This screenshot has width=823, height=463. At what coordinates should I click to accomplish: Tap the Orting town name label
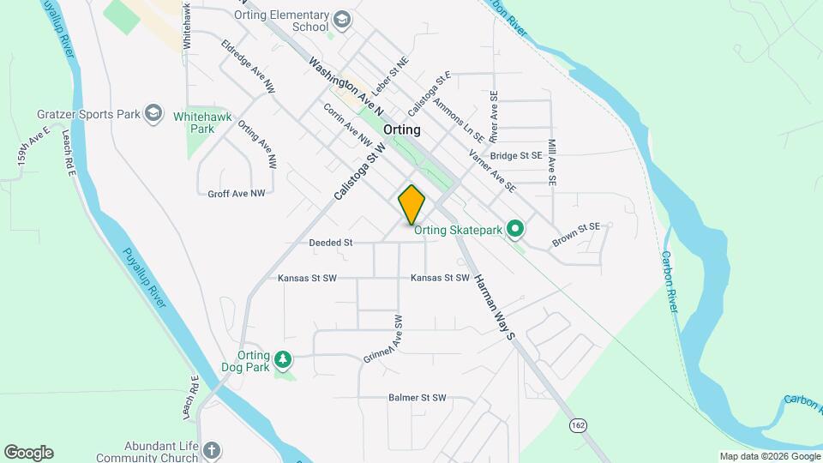point(402,129)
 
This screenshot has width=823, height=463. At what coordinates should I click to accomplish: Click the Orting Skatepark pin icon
point(514,229)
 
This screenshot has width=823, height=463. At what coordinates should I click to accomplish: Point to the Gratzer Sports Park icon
point(153,113)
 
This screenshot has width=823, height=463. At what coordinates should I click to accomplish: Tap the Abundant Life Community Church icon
point(212,451)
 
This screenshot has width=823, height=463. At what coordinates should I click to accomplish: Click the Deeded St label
point(331,243)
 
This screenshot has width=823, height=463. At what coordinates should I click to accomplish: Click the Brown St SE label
point(576,234)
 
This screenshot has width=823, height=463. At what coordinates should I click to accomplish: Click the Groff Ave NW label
point(236,194)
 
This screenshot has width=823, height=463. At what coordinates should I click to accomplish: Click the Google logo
point(28,453)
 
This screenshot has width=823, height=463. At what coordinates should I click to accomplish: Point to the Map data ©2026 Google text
point(770,456)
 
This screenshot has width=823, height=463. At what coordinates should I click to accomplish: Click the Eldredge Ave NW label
point(248,66)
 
